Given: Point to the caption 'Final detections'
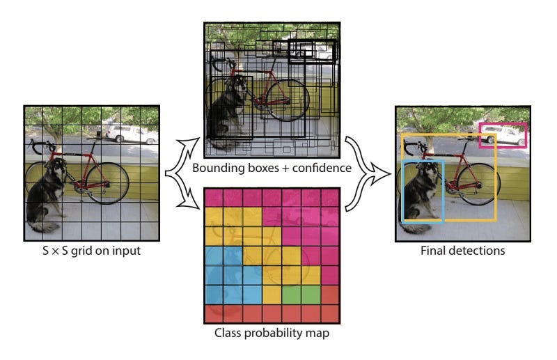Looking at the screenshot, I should click(462, 250).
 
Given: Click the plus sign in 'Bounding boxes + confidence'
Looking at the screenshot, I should click(285, 168).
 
